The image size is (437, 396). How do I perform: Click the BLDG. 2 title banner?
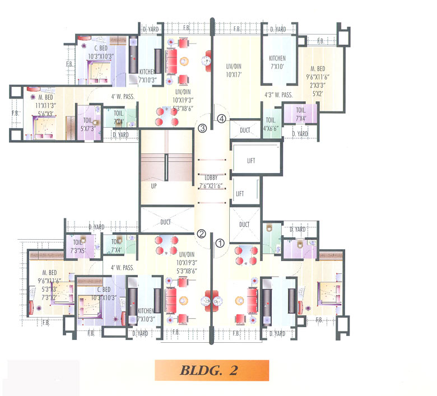pos(212,371)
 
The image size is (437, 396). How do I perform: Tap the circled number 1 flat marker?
pos(220,243)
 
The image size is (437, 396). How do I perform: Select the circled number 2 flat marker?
pos(202,234)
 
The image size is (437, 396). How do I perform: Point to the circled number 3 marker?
pos(202,128)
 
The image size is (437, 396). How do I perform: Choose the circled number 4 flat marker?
pos(222,118)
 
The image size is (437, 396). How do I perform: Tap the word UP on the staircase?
pos(153,185)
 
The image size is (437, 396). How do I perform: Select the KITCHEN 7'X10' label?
pos(277,62)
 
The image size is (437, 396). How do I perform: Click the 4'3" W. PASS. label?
pos(278,95)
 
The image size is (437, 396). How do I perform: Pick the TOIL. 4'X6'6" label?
pos(271,124)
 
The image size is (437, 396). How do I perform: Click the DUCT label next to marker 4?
pos(244,129)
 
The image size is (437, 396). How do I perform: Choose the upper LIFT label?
pos(251,160)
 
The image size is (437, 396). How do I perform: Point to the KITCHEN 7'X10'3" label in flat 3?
pos(148,76)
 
